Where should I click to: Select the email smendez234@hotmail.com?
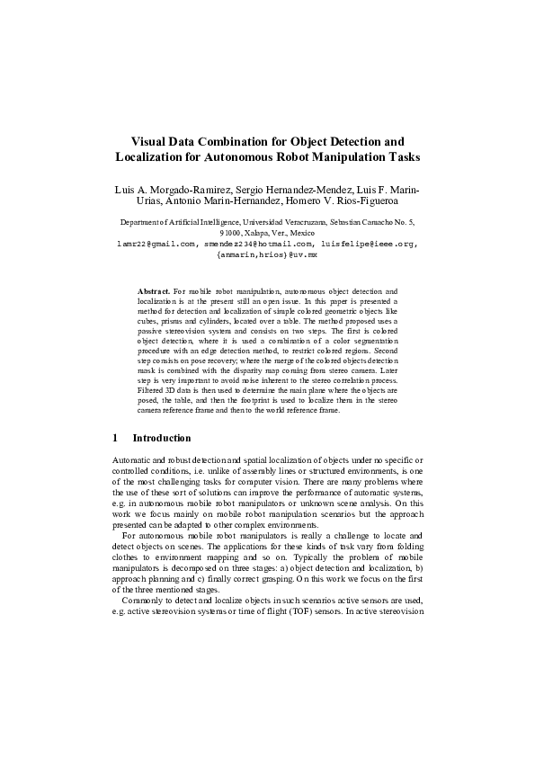pyautogui.click(x=257, y=243)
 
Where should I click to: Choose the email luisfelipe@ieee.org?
pyautogui.click(x=369, y=243)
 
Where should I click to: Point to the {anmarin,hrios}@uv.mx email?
pyautogui.click(x=267, y=254)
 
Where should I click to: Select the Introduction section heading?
pyautogui.click(x=162, y=438)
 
